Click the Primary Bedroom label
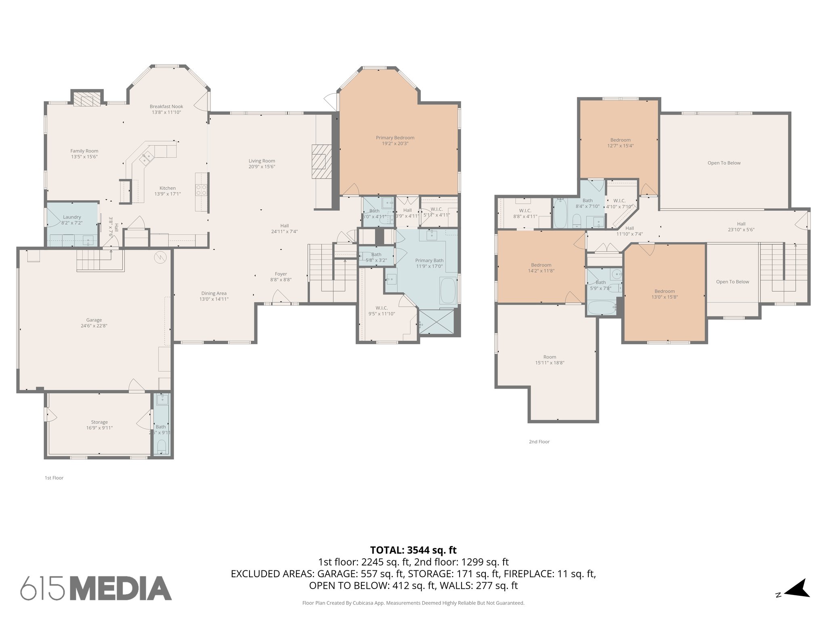[395, 138]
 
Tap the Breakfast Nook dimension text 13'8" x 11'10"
[166, 112]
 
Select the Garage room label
[94, 320]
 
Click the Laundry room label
[72, 217]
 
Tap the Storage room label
[99, 422]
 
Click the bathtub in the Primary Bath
[447, 291]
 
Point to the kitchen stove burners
[201, 189]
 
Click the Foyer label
[281, 274]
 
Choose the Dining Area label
[214, 293]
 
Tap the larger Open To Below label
[724, 163]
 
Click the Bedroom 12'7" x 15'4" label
[620, 140]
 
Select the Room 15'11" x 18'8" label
[550, 357]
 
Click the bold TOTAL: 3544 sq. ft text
[413, 550]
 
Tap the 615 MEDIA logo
[96, 588]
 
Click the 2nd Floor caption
[539, 442]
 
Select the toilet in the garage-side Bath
[161, 446]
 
